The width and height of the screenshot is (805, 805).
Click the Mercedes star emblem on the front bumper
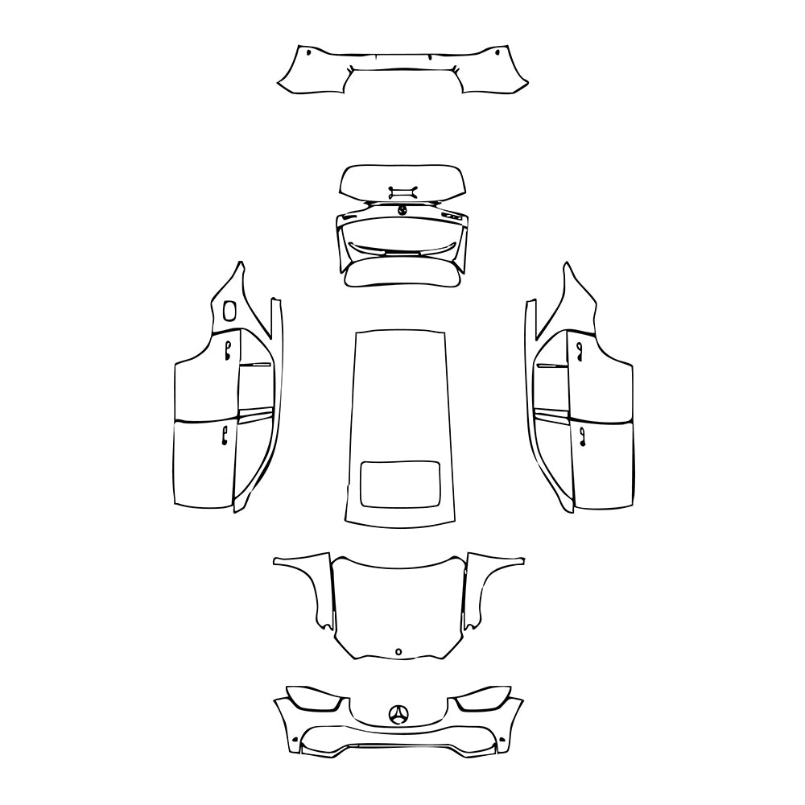pos(398,714)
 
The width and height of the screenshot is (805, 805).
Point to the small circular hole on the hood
pos(398,651)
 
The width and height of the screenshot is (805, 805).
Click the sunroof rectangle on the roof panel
pos(398,485)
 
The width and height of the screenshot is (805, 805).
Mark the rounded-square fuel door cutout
pos(229,310)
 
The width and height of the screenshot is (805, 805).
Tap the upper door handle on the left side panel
pos(228,348)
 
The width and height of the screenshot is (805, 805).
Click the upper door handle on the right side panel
pos(579,348)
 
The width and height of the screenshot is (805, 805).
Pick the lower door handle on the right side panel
pos(582,436)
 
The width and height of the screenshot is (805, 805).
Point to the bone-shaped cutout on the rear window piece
pos(402,191)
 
